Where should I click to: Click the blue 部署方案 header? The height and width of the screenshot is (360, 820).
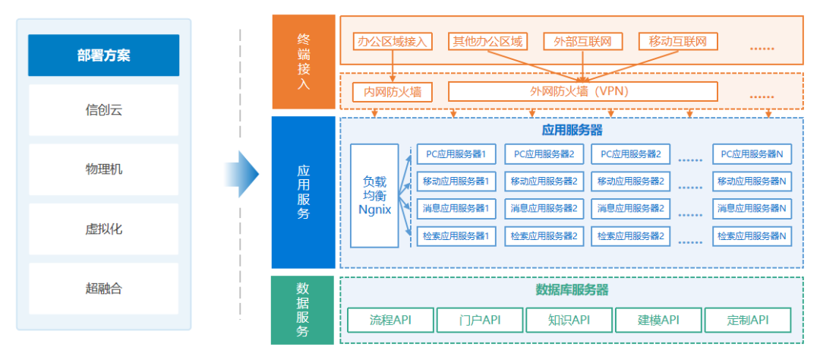103,55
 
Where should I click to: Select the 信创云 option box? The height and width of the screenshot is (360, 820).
103,110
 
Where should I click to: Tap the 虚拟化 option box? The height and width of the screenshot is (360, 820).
103,229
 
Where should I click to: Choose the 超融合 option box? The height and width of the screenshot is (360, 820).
103,288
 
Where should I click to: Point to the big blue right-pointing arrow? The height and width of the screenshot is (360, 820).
242,173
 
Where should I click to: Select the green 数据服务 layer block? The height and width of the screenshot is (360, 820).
303,310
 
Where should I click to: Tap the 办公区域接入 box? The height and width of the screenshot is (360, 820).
393,41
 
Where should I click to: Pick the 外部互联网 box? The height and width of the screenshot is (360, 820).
582,41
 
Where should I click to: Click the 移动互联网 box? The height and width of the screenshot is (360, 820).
678,41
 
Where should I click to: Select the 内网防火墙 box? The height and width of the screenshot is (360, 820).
393,92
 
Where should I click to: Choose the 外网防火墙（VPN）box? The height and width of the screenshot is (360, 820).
582,92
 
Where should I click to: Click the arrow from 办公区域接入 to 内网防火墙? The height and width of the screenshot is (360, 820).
393,67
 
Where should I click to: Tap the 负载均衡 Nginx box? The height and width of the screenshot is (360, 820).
374,195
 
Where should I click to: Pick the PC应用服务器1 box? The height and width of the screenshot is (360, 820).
456,154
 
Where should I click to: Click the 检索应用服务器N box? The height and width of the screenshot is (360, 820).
751,236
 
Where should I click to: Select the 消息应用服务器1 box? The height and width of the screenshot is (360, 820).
456,208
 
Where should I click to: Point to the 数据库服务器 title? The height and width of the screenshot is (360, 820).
572,289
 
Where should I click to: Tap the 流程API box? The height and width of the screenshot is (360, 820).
390,320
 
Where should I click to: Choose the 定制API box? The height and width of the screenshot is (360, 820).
747,320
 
